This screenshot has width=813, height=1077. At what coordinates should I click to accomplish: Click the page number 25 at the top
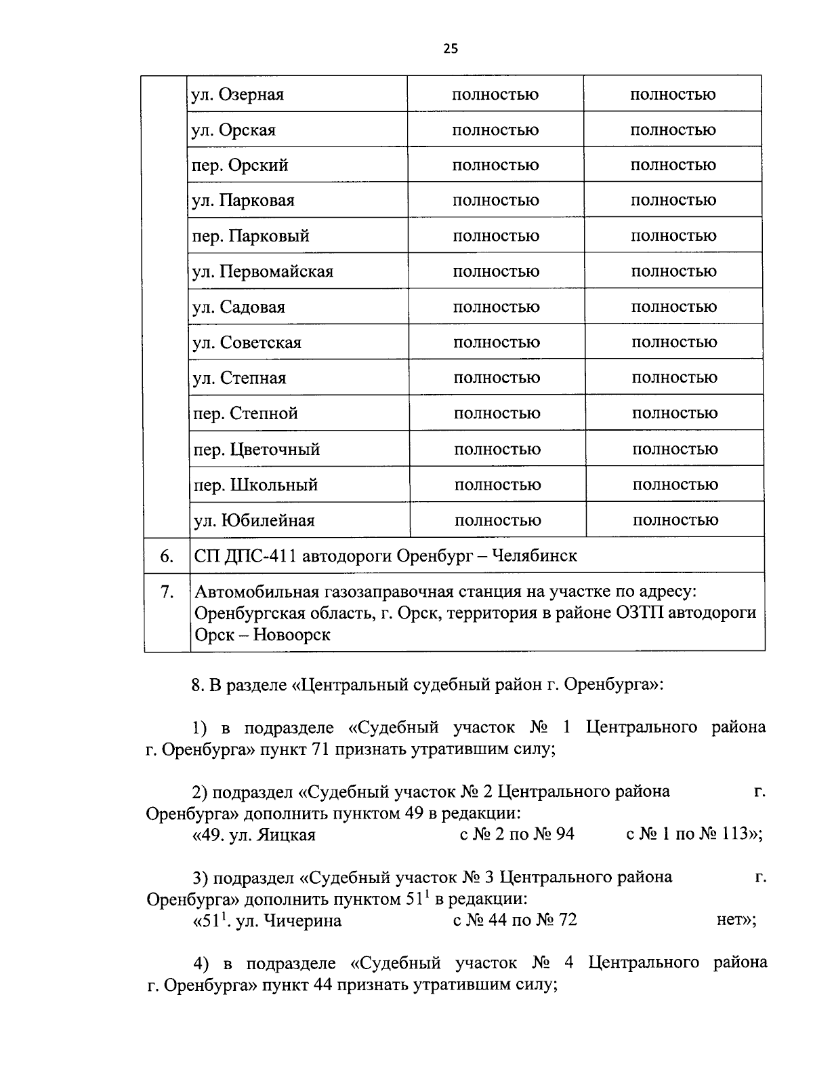[451, 48]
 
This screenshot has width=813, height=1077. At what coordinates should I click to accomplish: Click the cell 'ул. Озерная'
[238, 94]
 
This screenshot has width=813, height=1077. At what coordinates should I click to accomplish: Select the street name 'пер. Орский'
[241, 165]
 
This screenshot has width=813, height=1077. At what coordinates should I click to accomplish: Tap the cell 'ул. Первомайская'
[263, 272]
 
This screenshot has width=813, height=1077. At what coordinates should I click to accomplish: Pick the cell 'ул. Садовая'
[239, 307]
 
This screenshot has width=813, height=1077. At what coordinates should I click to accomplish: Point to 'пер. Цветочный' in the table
[257, 450]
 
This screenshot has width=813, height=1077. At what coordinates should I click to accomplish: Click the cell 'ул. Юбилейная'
[254, 521]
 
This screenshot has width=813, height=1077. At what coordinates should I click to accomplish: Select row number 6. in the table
[167, 556]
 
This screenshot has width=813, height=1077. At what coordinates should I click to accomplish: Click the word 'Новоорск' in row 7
[293, 635]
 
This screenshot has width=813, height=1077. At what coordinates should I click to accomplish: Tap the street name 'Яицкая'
[286, 835]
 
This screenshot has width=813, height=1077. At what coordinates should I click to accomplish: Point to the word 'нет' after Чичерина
[729, 920]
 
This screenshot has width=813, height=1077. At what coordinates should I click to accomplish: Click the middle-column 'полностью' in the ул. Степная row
[497, 378]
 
